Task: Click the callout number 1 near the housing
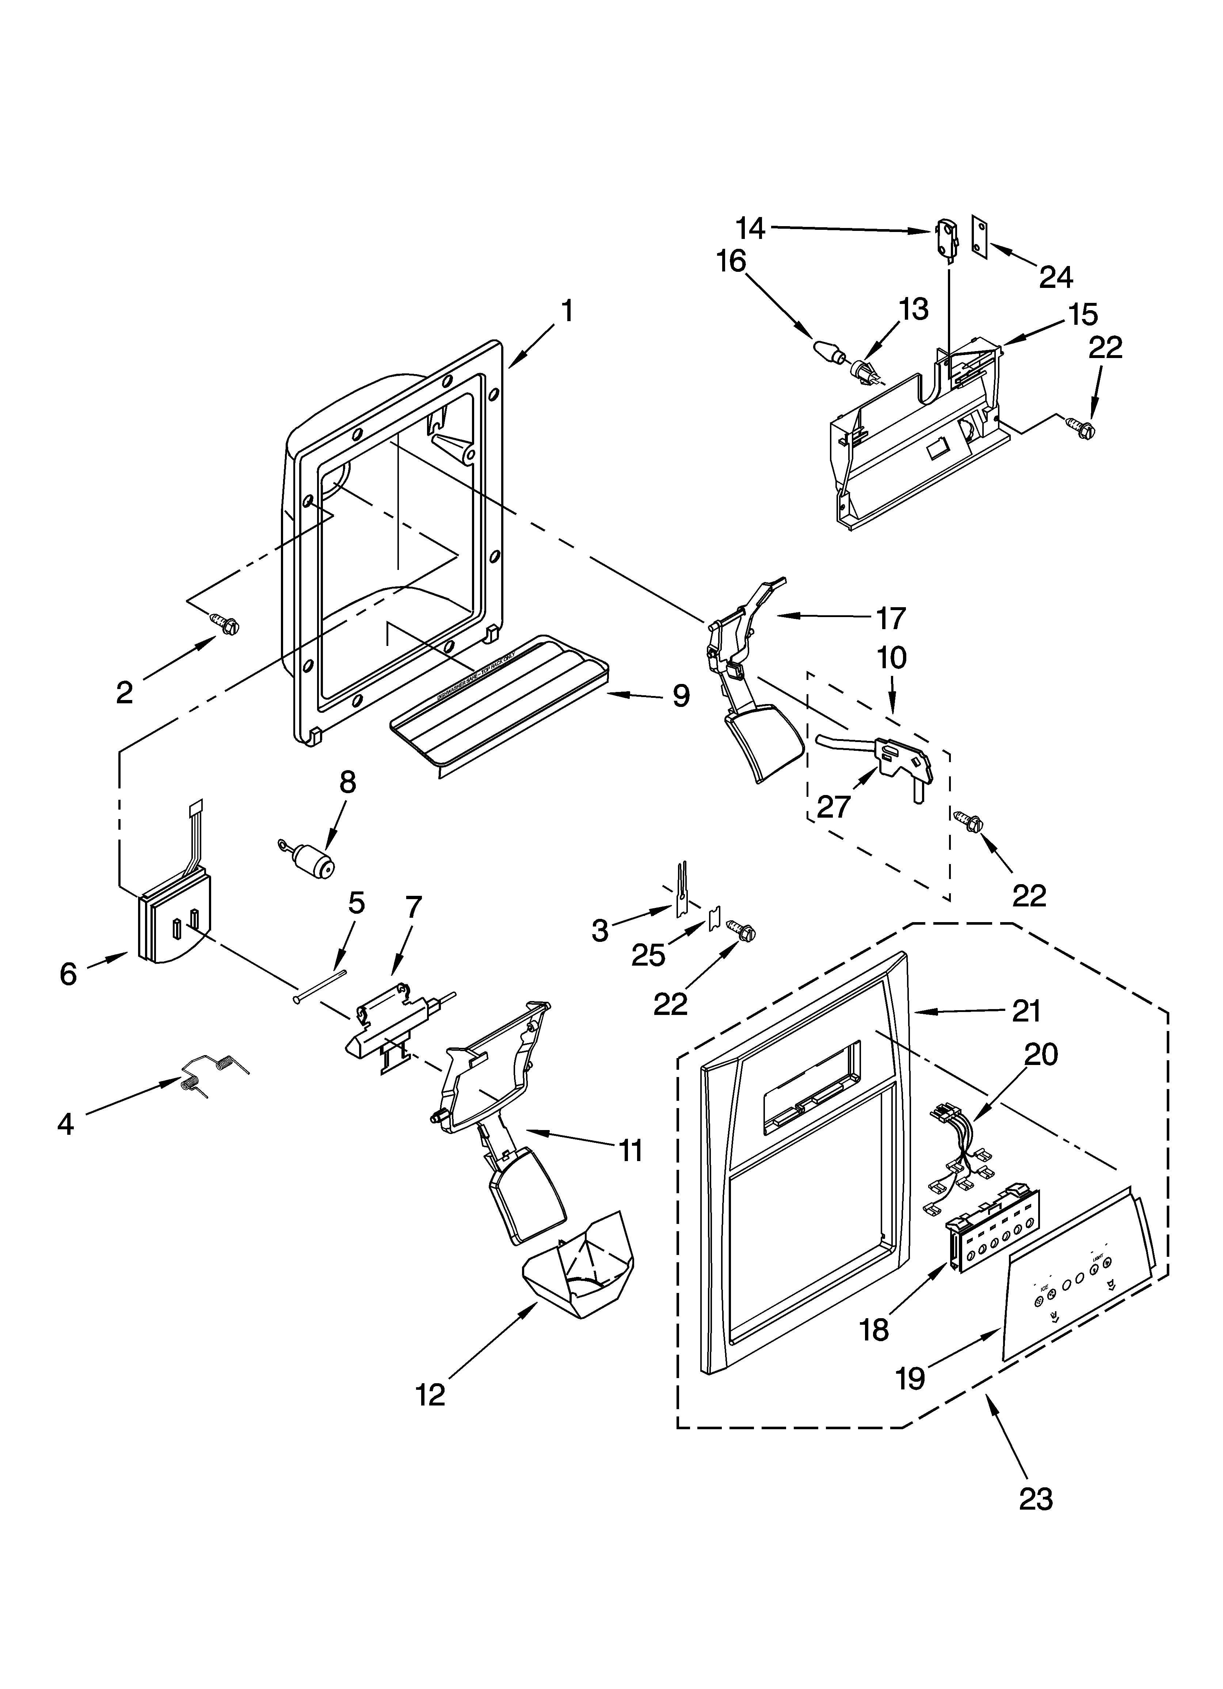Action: tap(568, 311)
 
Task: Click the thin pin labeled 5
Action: tap(320, 985)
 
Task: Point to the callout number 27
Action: tap(834, 806)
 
